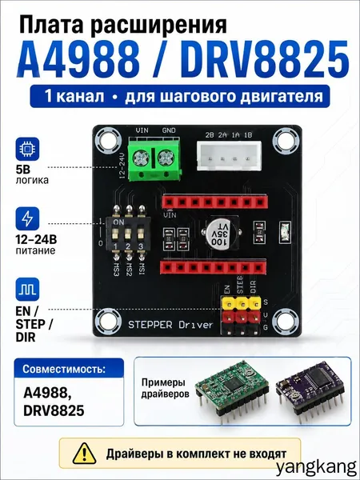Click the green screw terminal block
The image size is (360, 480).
click(x=154, y=159)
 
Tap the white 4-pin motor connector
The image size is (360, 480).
click(x=229, y=155)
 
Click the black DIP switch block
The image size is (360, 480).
click(x=128, y=234)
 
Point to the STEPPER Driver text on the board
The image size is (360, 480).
click(x=170, y=325)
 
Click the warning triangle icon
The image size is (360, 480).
click(x=84, y=454)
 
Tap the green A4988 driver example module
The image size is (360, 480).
click(x=233, y=390)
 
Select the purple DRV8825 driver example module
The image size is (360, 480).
click(x=310, y=389)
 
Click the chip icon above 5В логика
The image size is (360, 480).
click(x=27, y=149)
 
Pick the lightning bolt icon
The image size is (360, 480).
click(x=27, y=218)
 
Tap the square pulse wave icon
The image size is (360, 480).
click(x=27, y=290)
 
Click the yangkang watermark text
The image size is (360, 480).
click(x=317, y=468)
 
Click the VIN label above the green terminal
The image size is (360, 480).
click(x=142, y=130)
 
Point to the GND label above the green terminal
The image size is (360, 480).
click(x=169, y=130)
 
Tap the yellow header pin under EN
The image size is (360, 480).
click(x=228, y=303)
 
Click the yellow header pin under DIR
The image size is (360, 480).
click(x=254, y=303)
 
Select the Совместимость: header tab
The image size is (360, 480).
click(x=69, y=368)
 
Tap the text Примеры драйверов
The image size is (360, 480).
click(x=166, y=388)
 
